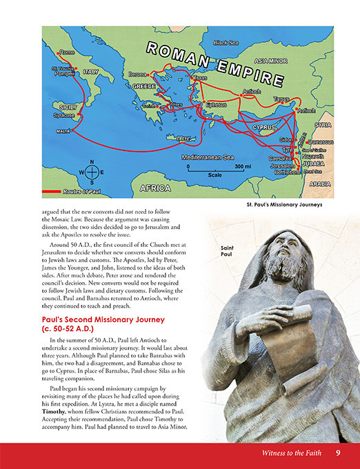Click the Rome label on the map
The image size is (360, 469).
[x=67, y=52]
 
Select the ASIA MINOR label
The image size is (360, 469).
[x=270, y=61]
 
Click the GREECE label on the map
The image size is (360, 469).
[x=143, y=87]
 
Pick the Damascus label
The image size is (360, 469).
[x=318, y=142]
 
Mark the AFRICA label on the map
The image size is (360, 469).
[x=155, y=188]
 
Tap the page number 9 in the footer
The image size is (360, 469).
[x=338, y=452]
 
